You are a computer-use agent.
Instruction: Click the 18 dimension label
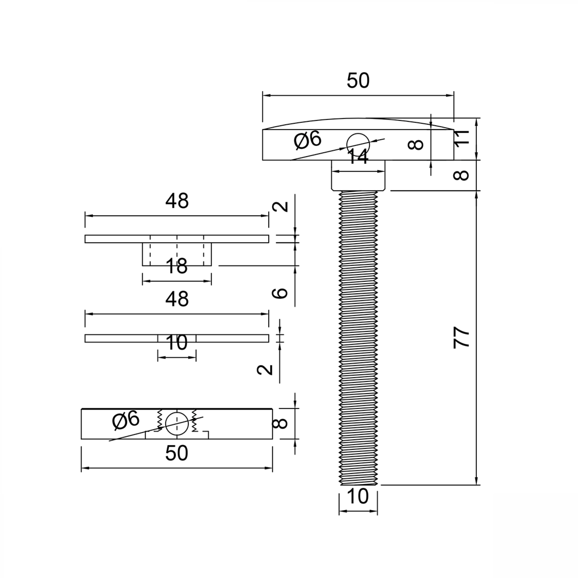click(x=177, y=266)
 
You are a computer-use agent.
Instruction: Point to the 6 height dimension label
click(x=280, y=293)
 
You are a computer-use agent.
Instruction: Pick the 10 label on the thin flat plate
click(x=177, y=342)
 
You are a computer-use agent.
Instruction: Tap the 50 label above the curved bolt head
click(x=358, y=81)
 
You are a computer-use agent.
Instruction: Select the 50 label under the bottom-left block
click(x=177, y=453)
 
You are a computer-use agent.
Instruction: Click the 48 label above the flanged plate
click(x=177, y=201)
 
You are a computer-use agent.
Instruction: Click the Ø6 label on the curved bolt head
click(x=307, y=140)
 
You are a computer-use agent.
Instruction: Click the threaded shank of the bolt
click(x=358, y=338)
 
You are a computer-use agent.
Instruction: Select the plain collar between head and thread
click(x=358, y=176)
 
